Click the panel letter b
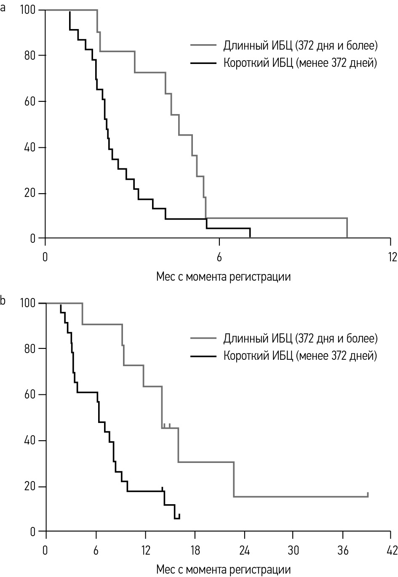(3, 301)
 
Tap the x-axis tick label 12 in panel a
(392, 257)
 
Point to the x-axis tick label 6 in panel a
(219, 257)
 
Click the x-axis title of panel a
(223, 277)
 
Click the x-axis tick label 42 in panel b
(392, 550)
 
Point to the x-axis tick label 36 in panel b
(343, 550)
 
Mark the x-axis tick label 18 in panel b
(195, 550)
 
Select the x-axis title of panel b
(223, 570)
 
